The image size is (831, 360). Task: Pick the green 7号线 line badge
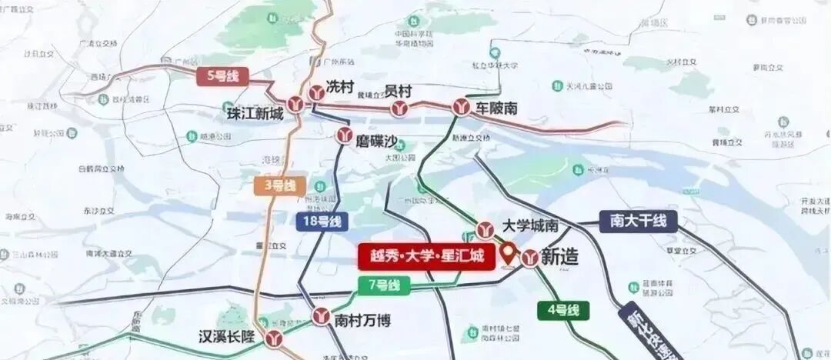(384, 285)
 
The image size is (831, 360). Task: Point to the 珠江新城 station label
(255, 114)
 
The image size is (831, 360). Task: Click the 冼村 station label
(339, 86)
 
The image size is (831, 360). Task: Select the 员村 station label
(398, 91)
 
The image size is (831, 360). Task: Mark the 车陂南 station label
(496, 108)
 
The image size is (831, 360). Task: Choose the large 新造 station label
(559, 258)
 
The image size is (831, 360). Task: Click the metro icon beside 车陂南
(462, 108)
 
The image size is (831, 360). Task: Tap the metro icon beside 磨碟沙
(344, 135)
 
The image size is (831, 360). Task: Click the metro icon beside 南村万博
(322, 315)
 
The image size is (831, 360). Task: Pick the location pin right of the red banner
(509, 252)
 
